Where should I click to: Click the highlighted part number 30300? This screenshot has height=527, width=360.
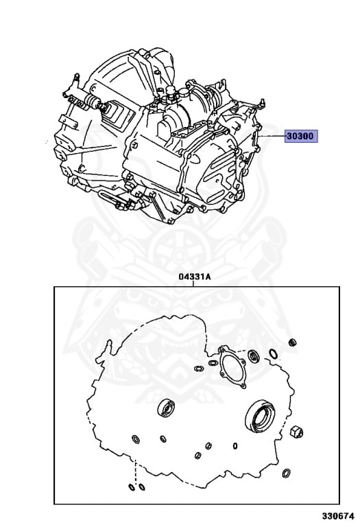point(301,136)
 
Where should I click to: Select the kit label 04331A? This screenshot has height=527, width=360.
point(195,277)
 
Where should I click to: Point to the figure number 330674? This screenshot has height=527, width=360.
point(339,515)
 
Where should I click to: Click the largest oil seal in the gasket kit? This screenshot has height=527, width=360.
point(260,415)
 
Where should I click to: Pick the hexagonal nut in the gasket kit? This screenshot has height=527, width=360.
point(296,431)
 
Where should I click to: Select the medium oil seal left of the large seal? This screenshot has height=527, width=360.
point(166,408)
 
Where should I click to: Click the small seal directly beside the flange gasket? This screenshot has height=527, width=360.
point(253,356)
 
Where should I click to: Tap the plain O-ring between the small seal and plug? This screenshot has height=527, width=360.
point(274,353)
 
